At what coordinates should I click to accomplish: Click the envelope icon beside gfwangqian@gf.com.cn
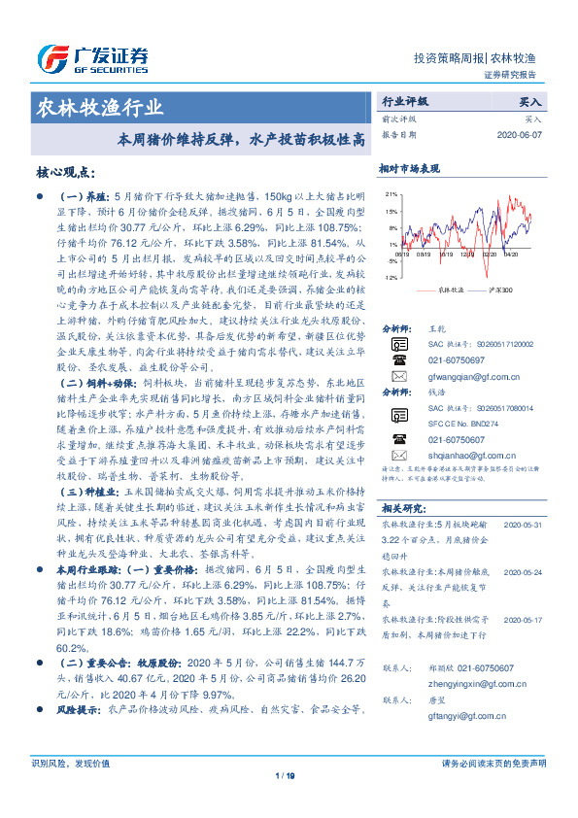399,375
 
